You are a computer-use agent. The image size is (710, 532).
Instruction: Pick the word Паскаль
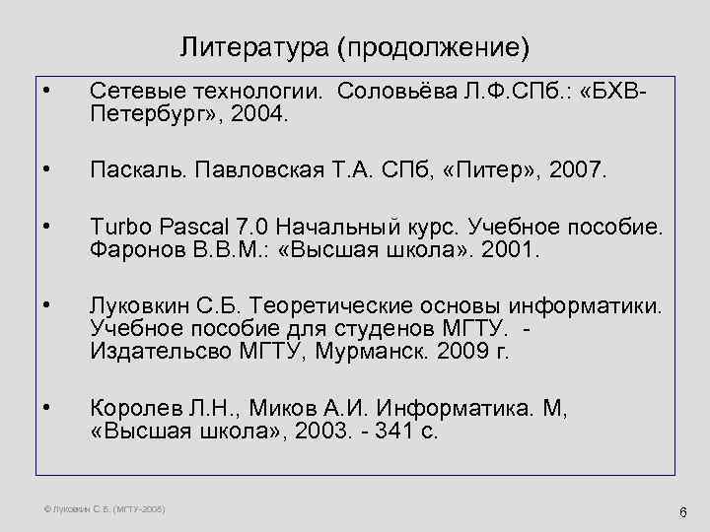[x=135, y=172]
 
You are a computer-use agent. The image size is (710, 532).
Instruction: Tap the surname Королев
[x=133, y=409]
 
